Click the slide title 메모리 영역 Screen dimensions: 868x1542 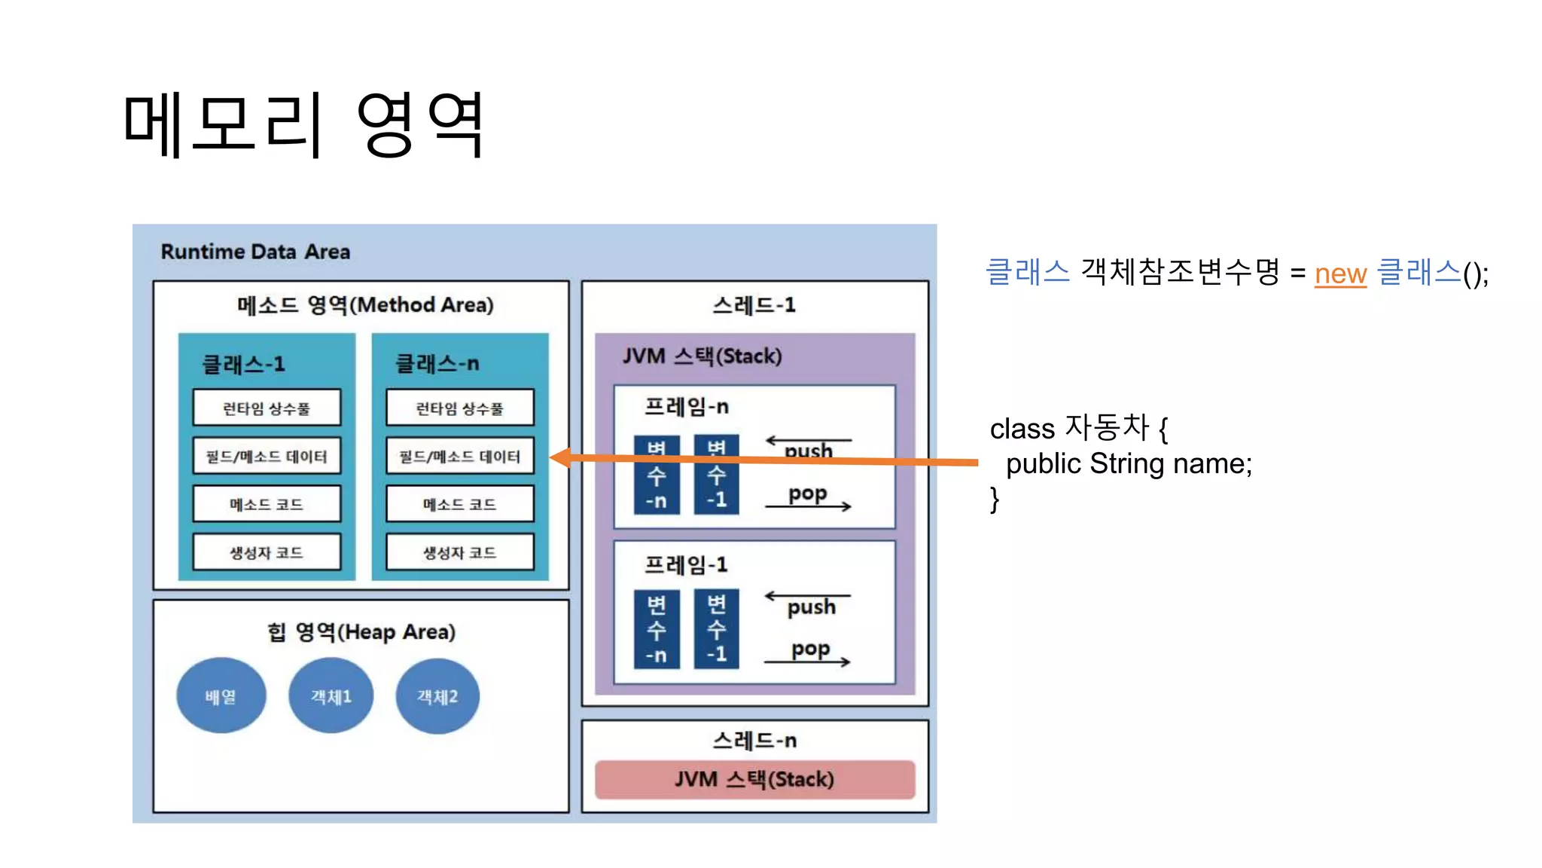tap(303, 124)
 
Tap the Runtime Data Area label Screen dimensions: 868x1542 tap(255, 252)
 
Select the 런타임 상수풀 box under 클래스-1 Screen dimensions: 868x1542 tap(267, 408)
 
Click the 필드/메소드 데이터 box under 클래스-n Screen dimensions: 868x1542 tap(459, 457)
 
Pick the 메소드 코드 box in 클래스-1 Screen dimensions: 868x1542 tap(267, 504)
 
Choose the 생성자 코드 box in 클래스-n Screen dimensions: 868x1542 tap(459, 552)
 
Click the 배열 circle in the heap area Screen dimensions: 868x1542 tap(221, 696)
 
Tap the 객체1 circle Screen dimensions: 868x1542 tap(331, 696)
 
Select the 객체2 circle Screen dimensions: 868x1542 tap(437, 696)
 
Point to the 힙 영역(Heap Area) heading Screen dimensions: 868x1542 tap(361, 631)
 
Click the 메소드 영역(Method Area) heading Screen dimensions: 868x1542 tap(365, 305)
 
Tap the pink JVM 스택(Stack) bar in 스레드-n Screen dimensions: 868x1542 tap(754, 779)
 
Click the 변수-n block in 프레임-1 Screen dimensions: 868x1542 tap(656, 630)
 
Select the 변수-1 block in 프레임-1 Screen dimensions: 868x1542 tap(716, 630)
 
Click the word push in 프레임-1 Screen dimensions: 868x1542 tap(811, 607)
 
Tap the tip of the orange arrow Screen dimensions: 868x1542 tap(554, 457)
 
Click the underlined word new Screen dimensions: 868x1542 tap(1340, 274)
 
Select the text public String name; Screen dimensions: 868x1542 tap(1129, 463)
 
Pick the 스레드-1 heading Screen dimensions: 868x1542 tap(754, 305)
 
